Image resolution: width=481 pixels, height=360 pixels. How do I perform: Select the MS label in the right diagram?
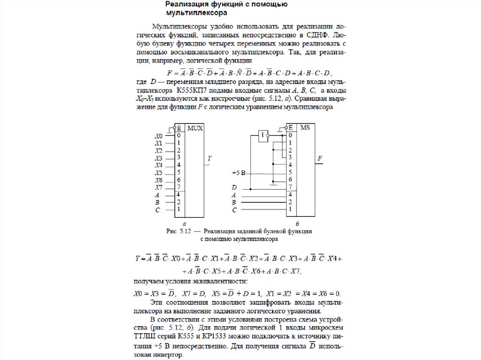click(305, 128)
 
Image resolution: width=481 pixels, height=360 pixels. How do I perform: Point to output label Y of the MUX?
click(210, 158)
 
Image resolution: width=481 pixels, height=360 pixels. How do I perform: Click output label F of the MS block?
click(320, 158)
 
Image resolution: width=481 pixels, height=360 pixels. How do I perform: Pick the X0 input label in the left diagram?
click(159, 136)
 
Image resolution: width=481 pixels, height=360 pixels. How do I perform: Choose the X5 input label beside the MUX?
click(159, 173)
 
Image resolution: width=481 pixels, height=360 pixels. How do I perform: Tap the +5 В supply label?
click(239, 173)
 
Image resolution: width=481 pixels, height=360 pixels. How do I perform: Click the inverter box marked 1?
click(262, 136)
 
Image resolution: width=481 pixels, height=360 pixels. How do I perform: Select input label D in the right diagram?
click(234, 188)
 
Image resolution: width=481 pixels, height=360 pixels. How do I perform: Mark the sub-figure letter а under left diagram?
click(185, 224)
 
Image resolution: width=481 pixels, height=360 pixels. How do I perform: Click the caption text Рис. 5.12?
click(176, 231)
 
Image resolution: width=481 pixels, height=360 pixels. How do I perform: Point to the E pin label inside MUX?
click(179, 128)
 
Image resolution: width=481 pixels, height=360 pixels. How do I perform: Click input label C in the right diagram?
click(234, 209)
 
